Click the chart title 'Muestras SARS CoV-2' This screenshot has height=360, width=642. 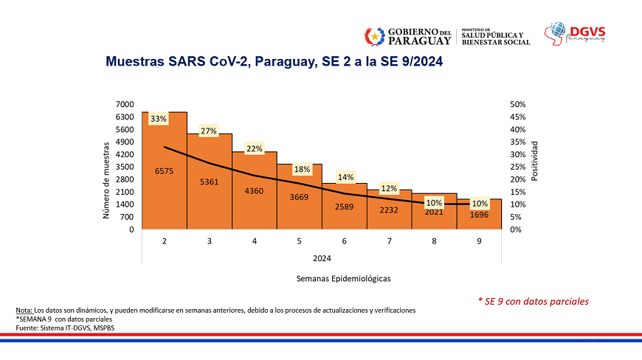[275, 62]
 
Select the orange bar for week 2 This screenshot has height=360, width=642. [165, 192]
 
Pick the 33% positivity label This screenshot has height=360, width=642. [159, 119]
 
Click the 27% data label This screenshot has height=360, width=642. [209, 131]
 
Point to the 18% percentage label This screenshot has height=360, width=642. [300, 169]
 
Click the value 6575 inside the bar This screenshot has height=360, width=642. [165, 171]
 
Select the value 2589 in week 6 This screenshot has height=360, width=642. [345, 207]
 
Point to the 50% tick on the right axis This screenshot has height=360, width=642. [518, 105]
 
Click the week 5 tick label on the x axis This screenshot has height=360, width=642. [300, 241]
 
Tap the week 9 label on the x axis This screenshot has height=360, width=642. [480, 241]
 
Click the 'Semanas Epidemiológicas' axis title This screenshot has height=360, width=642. [343, 279]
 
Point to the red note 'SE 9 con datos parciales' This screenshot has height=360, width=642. [534, 301]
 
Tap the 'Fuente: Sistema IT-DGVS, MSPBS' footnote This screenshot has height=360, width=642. [65, 327]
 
